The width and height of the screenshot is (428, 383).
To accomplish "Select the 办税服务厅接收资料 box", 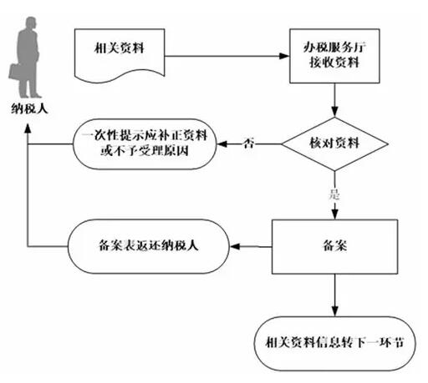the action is pos(334,56).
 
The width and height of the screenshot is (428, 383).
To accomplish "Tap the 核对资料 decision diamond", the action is pos(334,144).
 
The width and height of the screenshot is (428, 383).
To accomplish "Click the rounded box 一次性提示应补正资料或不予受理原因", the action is pos(145,144).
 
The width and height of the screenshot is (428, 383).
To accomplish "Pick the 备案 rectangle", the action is pos(334,247).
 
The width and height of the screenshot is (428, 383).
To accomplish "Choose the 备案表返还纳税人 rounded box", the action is pos(149,246).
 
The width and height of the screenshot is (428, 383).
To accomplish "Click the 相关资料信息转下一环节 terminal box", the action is pos(334,344).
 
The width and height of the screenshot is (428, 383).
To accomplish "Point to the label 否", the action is pos(248,144).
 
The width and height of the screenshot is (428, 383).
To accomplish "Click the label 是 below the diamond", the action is pos(334,194).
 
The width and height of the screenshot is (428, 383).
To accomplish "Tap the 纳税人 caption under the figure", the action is pos(29,108).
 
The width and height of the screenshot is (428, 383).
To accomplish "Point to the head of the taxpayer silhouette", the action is pos(31,23).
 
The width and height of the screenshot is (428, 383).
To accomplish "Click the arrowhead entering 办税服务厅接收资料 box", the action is pos(284,56).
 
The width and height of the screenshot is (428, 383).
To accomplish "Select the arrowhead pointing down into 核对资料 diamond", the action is pos(334,112).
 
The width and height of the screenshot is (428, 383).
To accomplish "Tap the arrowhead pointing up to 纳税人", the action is pos(28,129).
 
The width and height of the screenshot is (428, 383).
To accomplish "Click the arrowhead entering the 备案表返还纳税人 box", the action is pos(235,246).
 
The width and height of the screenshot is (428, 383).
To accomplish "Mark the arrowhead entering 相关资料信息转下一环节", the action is pos(334,311).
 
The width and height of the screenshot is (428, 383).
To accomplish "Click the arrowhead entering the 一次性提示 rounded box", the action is pos(222,144).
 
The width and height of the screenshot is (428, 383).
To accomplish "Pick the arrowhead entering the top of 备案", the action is pos(334,214).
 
